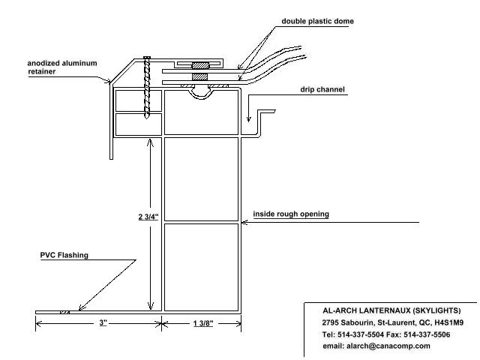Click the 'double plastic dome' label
pyautogui.click(x=317, y=21)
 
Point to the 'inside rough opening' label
pyautogui.click(x=291, y=214)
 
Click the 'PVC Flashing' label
pyautogui.click(x=64, y=255)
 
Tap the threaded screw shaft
pyautogui.click(x=148, y=86)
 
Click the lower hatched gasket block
pyautogui.click(x=199, y=76)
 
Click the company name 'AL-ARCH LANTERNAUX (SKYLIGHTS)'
pyautogui.click(x=391, y=310)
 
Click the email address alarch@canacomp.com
pyautogui.click(x=376, y=346)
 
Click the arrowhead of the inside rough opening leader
pyautogui.click(x=242, y=223)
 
